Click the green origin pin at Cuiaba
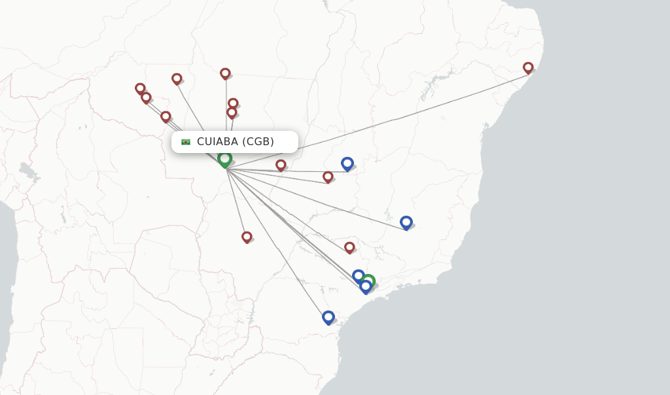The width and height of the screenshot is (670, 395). coord(224,159)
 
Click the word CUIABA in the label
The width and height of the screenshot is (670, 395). coord(218,141)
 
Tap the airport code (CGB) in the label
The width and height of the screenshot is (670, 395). coord(258,141)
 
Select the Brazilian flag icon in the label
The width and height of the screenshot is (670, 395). coord(186,142)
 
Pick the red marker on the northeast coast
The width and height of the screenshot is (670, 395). coord(528,67)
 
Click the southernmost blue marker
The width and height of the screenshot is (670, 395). coord(328,317)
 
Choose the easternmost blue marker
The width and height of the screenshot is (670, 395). coord(406,222)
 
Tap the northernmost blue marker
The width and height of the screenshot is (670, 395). coord(347,163)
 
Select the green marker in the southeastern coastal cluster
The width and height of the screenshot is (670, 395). coord(369,281)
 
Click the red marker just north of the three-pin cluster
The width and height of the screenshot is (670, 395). coord(349,247)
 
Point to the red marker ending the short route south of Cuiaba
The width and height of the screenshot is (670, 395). coord(247,237)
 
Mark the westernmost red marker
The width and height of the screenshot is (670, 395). coord(140,88)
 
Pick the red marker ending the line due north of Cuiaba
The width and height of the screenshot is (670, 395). coord(225,73)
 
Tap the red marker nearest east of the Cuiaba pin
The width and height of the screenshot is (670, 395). coord(281,165)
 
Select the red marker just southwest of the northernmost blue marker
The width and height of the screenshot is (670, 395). coord(328,177)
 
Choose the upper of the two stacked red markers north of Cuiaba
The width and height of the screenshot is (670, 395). coord(233,103)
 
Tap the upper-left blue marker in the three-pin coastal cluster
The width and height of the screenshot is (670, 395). coord(358,275)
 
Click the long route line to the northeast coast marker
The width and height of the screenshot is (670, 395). coord(393,118)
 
